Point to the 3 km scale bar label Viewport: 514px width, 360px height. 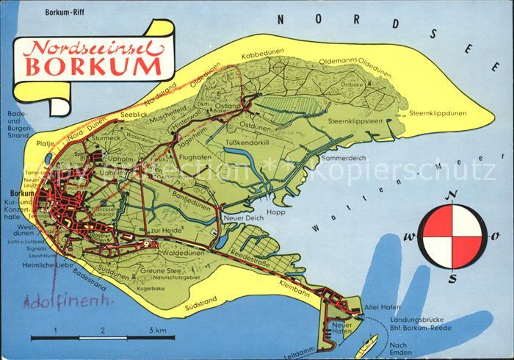pyautogui.click(x=156, y=330)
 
